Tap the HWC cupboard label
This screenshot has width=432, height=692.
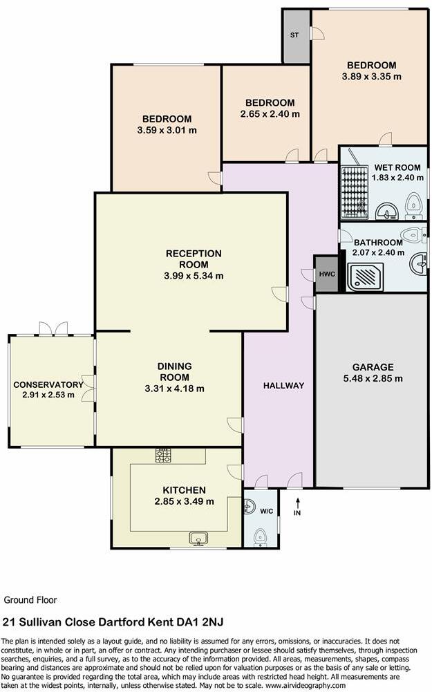tap(326, 274)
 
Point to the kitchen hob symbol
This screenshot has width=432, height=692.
tap(164, 456)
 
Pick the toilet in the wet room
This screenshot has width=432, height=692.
tap(414, 203)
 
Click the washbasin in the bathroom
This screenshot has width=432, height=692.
tap(419, 262)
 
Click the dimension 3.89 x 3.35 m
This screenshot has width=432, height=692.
tap(371, 77)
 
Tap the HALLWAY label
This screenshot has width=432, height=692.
tap(283, 386)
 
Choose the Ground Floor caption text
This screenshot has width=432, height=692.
tap(31, 600)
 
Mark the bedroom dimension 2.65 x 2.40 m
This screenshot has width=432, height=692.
tap(270, 113)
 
